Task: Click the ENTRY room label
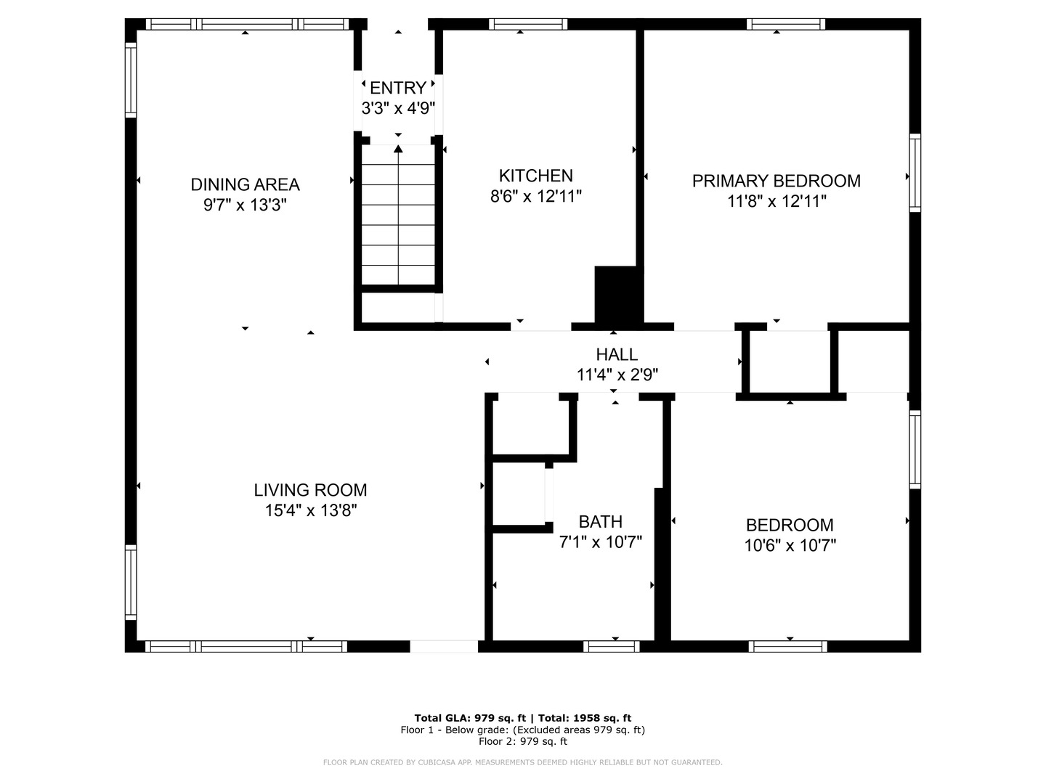pos(398,88)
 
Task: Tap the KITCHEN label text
pos(535,176)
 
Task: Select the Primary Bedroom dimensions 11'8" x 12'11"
pos(777,201)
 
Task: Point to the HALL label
pos(617,355)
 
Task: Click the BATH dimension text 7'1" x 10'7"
pos(601,542)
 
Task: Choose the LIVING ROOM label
pos(310,490)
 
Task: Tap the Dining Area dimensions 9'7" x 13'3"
pos(245,205)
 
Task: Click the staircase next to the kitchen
pos(398,214)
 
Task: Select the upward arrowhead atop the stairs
pos(398,149)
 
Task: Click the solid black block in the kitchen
pos(615,295)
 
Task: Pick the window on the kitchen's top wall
pos(528,24)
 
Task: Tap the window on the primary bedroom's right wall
pos(915,173)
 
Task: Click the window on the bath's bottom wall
pos(612,646)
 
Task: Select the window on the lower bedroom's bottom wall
pos(787,646)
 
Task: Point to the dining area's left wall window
pos(131,80)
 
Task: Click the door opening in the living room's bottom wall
pos(444,646)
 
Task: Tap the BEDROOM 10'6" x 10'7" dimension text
pos(790,545)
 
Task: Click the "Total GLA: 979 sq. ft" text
pos(470,719)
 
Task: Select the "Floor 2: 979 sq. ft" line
pos(523,741)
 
